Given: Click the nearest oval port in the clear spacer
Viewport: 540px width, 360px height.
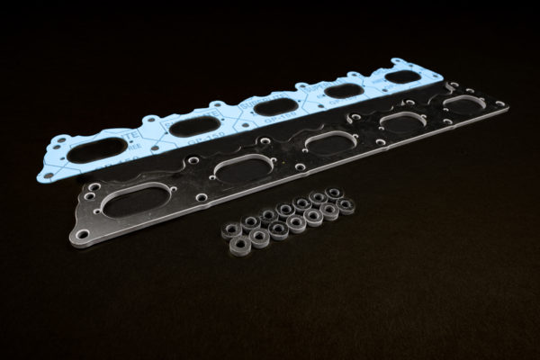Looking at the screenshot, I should (x=136, y=199).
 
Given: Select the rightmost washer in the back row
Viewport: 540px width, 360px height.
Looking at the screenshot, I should (x=335, y=193).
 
